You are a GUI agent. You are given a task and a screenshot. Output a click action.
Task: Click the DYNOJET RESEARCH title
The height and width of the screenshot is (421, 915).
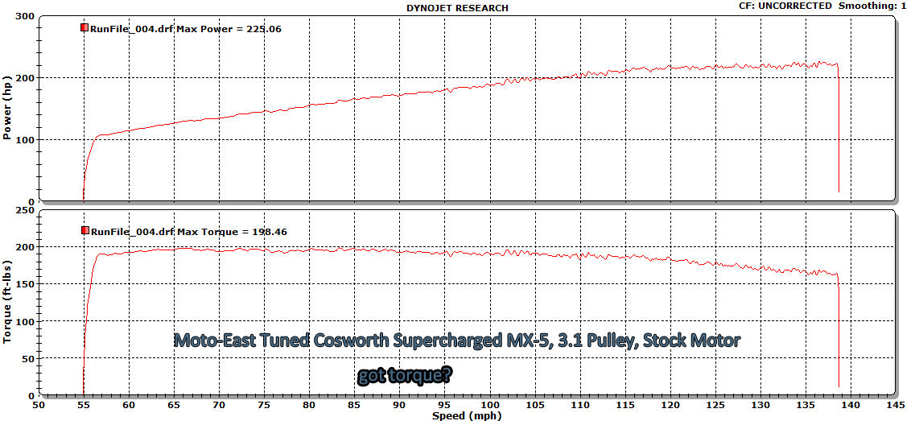(x=458, y=8)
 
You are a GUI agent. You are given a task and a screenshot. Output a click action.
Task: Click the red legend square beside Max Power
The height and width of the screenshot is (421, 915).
(x=84, y=27)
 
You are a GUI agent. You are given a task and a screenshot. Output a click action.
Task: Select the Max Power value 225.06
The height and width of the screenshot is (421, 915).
(x=265, y=28)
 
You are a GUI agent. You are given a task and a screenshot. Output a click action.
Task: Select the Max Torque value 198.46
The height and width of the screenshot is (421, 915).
(x=270, y=232)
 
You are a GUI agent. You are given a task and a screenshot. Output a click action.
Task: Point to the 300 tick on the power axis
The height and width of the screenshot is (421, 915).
(x=25, y=16)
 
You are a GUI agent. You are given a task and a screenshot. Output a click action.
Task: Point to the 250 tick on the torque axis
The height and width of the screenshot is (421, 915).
(x=25, y=210)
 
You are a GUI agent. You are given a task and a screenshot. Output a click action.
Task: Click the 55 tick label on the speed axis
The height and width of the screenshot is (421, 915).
(x=84, y=406)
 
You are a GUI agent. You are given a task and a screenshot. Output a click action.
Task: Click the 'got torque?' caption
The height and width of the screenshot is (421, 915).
(x=404, y=376)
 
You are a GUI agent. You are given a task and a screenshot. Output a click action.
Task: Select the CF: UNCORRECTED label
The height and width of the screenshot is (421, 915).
(x=785, y=6)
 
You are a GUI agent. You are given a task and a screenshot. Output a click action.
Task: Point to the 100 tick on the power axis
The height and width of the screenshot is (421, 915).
(x=25, y=140)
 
